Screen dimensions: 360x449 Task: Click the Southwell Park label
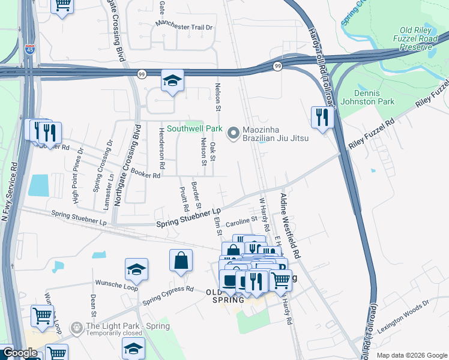tap(194, 128)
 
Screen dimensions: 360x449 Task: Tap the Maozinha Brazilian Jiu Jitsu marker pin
tap(234, 130)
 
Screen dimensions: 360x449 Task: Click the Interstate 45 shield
tap(30, 50)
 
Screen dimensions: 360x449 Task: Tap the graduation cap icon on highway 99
tap(172, 81)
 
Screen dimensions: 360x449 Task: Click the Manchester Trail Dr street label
tap(184, 26)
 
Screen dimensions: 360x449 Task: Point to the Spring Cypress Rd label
tap(169, 292)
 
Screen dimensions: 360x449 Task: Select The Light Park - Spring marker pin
tap(77, 327)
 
